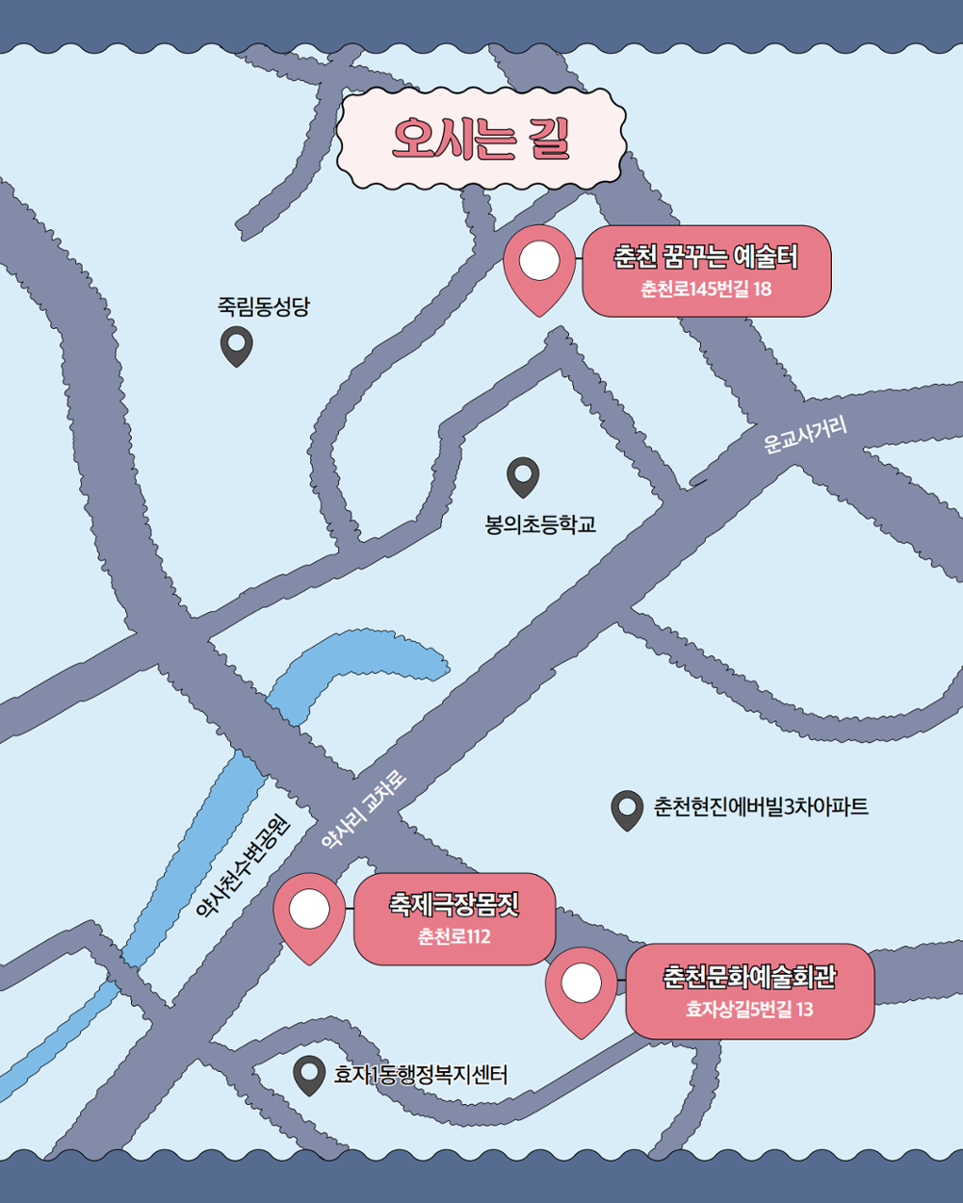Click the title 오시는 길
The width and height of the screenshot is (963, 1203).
coord(481,139)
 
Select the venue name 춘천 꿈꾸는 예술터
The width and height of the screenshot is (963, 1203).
coord(706,257)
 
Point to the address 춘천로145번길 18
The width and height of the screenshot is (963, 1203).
coord(706,289)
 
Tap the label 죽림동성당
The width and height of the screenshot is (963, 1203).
coord(263,307)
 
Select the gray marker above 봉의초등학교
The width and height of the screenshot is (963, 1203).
coord(523,475)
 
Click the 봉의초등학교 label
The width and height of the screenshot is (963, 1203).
coord(540,525)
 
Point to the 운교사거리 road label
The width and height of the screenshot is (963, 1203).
coord(805,434)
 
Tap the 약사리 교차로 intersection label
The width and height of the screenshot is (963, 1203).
coord(364,810)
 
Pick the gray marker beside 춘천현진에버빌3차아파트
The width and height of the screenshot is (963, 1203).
coord(627,809)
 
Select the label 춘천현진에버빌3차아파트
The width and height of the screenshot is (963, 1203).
coord(761,806)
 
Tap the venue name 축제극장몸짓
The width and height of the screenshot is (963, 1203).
coord(455,905)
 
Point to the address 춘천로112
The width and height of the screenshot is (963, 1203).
coord(455,936)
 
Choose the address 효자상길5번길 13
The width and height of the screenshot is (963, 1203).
coord(749,1010)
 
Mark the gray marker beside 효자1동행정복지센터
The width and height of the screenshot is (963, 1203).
coord(309,1074)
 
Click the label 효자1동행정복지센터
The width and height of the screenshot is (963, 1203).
coord(420,1074)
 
